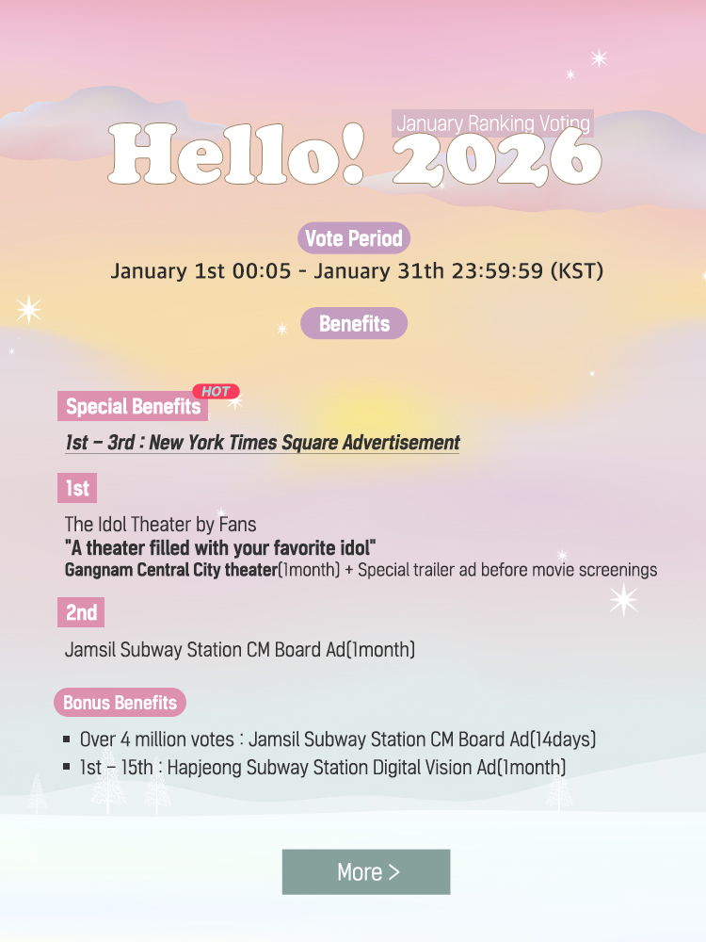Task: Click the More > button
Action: (366, 872)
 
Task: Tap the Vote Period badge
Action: (354, 238)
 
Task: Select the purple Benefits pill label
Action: (354, 323)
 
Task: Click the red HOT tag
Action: (217, 391)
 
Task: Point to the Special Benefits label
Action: (133, 407)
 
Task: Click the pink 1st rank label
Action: (77, 488)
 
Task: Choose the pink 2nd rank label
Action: (81, 612)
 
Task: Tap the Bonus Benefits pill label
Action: (120, 703)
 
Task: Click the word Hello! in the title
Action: (236, 154)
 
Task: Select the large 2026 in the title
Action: (495, 156)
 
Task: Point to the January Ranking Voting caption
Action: (493, 123)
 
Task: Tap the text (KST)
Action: (576, 271)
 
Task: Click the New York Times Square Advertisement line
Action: (263, 443)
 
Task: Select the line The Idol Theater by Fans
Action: (160, 524)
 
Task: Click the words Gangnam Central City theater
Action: (170, 570)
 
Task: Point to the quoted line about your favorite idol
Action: (220, 547)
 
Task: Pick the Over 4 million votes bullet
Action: (338, 739)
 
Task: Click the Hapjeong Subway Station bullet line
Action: (323, 768)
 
